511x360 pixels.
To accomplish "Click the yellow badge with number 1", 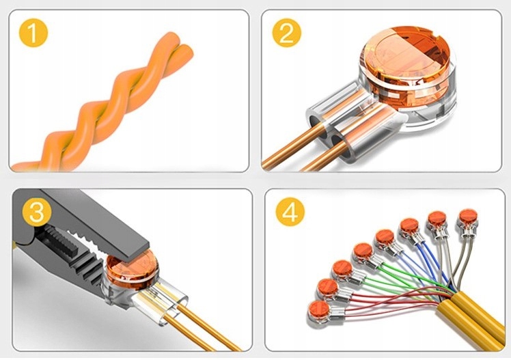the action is (x=33, y=33).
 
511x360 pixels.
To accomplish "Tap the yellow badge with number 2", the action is (x=287, y=33).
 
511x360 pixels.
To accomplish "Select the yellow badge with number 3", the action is (x=37, y=212).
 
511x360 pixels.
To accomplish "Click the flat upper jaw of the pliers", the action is (x=94, y=222).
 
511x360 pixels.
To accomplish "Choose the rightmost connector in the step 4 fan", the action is (x=468, y=221).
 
